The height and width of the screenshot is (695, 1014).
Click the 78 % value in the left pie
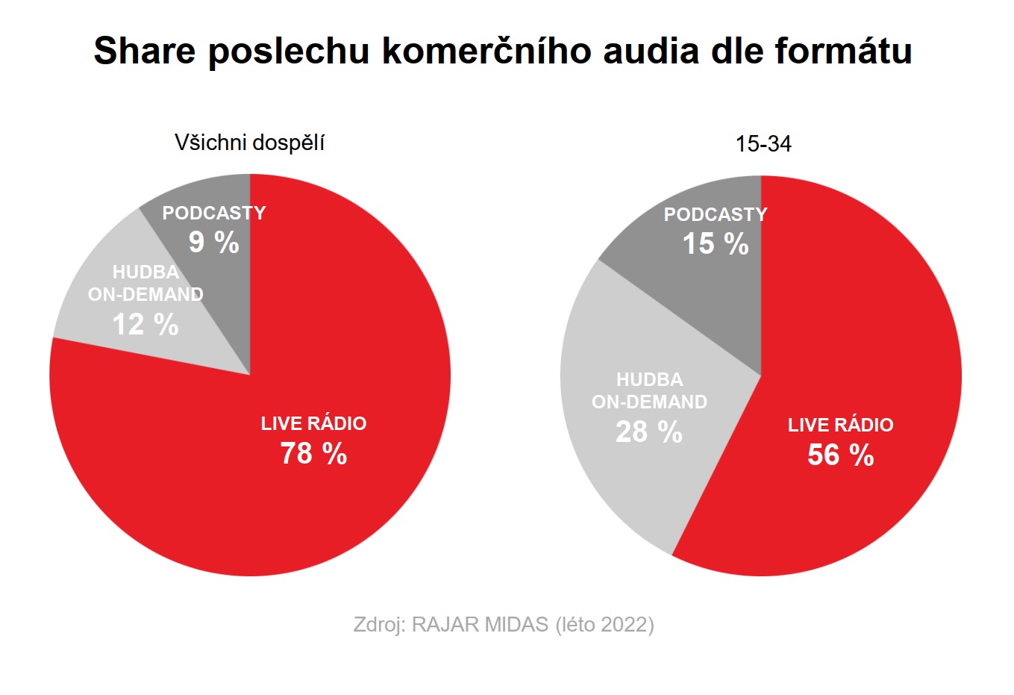313,454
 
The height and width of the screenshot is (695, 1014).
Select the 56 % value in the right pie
840,455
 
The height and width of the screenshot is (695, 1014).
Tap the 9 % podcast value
214,243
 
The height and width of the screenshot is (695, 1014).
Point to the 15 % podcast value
716,244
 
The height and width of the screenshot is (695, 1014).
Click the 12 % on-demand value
145,325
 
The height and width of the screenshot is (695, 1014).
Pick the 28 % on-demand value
649,432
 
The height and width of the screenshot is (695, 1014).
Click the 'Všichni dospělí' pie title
249,143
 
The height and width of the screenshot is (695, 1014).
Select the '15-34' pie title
763,143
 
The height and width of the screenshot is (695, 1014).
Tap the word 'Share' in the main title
145,51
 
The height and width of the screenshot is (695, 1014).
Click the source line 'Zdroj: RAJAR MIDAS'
451,624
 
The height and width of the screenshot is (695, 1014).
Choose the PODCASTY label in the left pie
214,214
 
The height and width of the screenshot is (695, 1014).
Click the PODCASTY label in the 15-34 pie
716,215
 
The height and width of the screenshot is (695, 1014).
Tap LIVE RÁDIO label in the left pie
313,424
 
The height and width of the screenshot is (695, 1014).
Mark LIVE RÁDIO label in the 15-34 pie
840,426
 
